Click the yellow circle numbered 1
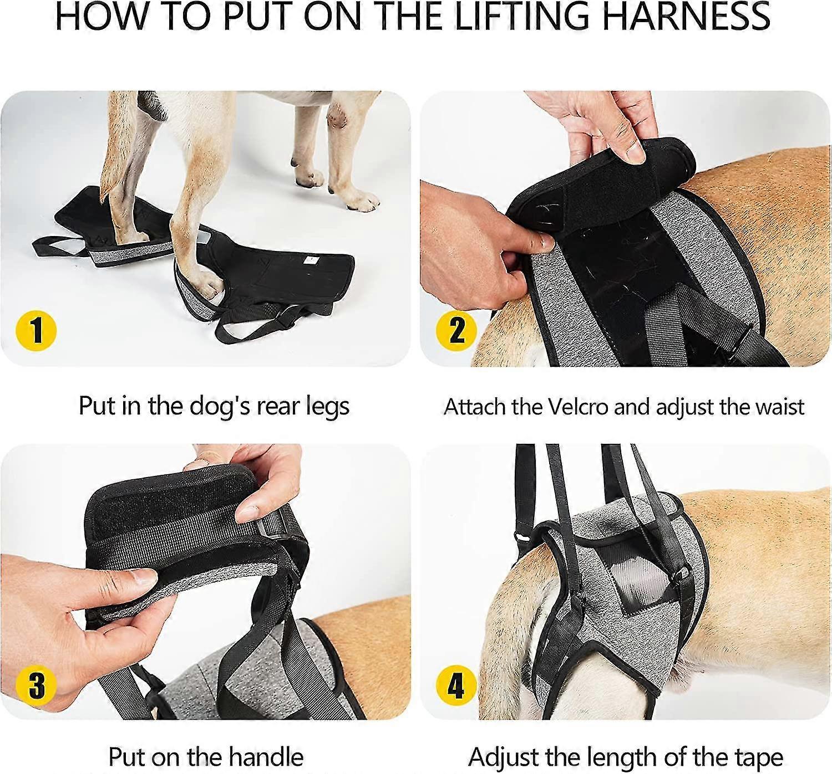35,331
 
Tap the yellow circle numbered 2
456,331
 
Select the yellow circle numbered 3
35,685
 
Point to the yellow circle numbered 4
456,685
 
